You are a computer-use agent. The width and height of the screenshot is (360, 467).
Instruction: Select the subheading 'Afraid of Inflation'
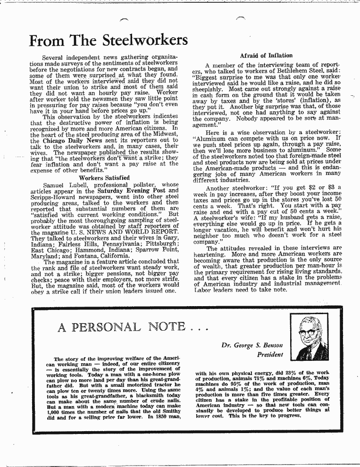[266, 56]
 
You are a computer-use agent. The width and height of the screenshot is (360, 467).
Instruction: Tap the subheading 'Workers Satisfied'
[104, 178]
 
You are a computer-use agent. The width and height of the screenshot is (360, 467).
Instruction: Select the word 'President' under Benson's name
[270, 354]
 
